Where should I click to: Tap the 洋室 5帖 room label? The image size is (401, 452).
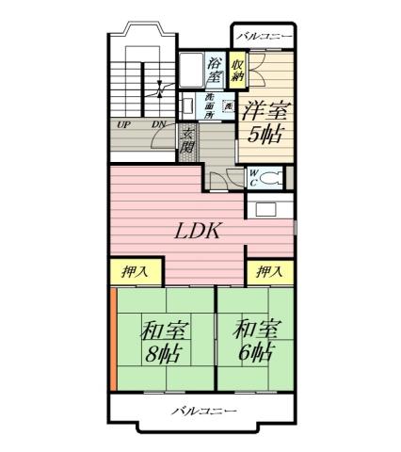pyautogui.click(x=265, y=121)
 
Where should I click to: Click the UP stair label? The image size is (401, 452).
pyautogui.click(x=123, y=124)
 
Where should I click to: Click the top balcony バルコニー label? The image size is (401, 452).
pyautogui.click(x=265, y=37)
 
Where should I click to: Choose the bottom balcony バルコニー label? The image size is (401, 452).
pyautogui.click(x=203, y=412)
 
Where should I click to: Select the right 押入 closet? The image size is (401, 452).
pyautogui.click(x=270, y=272)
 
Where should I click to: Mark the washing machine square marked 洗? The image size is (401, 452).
pyautogui.click(x=228, y=105)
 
